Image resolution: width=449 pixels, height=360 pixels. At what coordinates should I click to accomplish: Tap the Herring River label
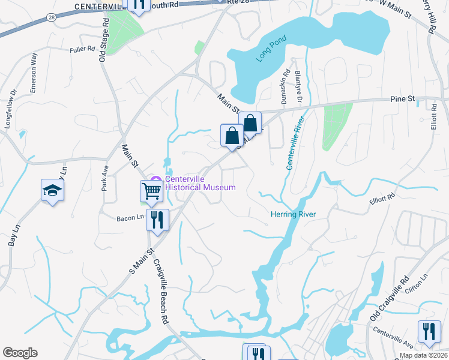292,214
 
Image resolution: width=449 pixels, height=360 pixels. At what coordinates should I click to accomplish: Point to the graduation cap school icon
53,190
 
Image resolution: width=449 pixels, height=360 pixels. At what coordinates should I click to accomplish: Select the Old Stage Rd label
104,39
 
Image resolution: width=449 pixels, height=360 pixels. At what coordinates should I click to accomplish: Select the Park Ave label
104,178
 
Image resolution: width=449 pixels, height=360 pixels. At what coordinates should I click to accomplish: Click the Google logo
20,353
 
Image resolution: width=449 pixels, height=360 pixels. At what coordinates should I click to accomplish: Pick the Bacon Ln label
131,218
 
